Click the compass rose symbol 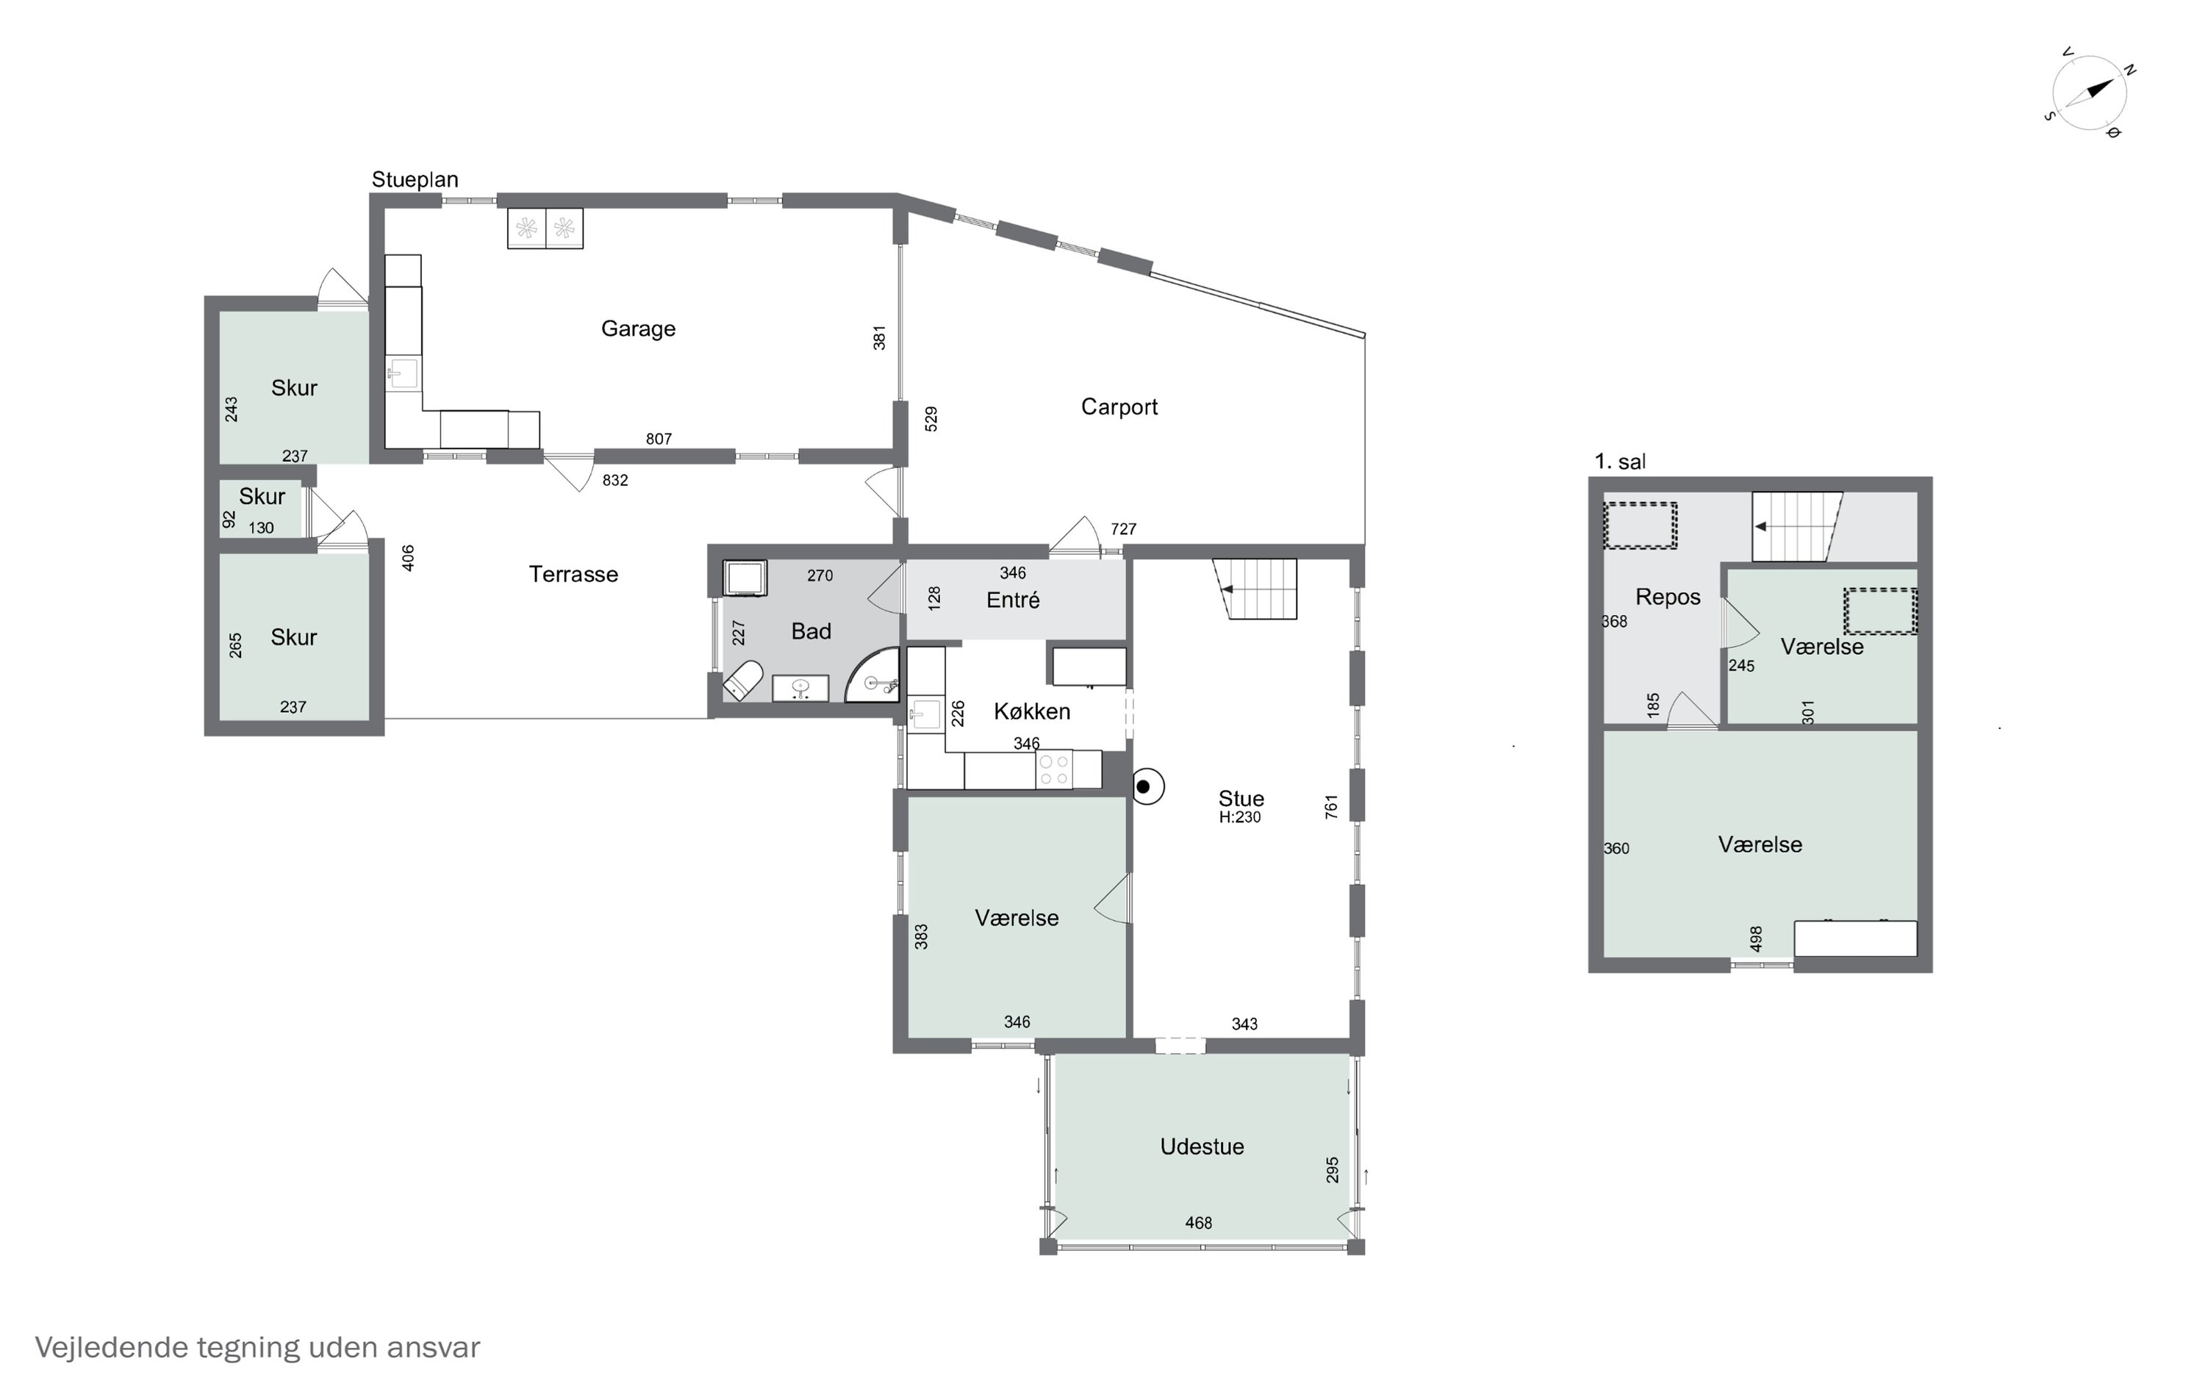(2090, 93)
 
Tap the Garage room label (638, 329)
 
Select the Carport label (1119, 406)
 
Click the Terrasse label (573, 574)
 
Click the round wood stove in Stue (1147, 786)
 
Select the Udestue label (1202, 1146)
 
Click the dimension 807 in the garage (659, 439)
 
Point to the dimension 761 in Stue (1330, 806)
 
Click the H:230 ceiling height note (1239, 817)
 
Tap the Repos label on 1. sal (1668, 598)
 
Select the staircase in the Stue (1255, 589)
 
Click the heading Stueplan (415, 179)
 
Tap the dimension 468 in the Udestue (1198, 1223)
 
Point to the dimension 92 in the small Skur (229, 519)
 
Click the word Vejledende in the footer (111, 1348)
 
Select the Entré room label (1014, 600)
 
